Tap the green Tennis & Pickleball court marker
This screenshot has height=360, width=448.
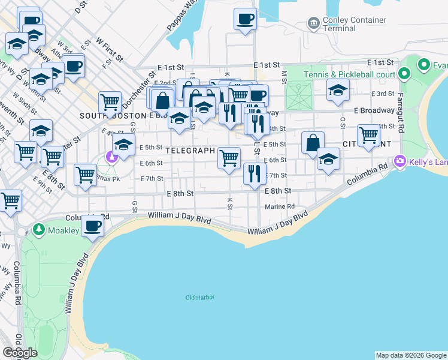point(404,74)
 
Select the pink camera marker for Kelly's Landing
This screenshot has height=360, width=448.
point(399,160)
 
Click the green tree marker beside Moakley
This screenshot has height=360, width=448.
point(39,230)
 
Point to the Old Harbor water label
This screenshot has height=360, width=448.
point(199,298)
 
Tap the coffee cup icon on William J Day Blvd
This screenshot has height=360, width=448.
point(92,226)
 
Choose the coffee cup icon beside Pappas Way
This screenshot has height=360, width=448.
point(244,19)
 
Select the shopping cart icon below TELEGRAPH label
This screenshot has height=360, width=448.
point(229,158)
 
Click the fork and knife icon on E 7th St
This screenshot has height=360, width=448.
point(255,173)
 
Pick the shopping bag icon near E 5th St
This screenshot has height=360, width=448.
point(313,143)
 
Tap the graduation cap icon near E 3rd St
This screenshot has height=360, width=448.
point(338,91)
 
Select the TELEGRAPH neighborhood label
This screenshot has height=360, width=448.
point(190,151)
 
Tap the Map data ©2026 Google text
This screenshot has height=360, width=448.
point(411,355)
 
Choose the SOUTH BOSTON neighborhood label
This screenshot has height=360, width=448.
point(113,115)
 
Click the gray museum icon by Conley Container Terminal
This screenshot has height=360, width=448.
point(313,23)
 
